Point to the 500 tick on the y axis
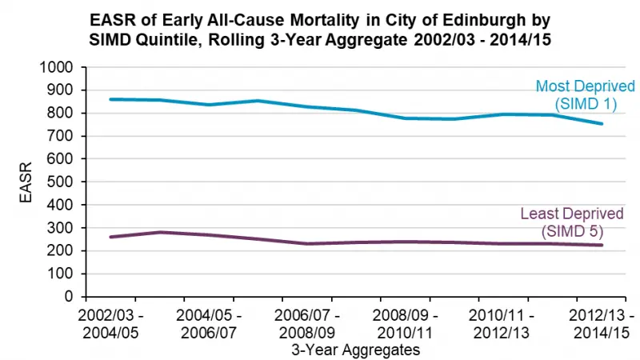point(60,182)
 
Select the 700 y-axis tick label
point(60,137)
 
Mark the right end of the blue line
point(602,124)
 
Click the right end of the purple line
point(602,246)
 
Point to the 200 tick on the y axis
point(60,251)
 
